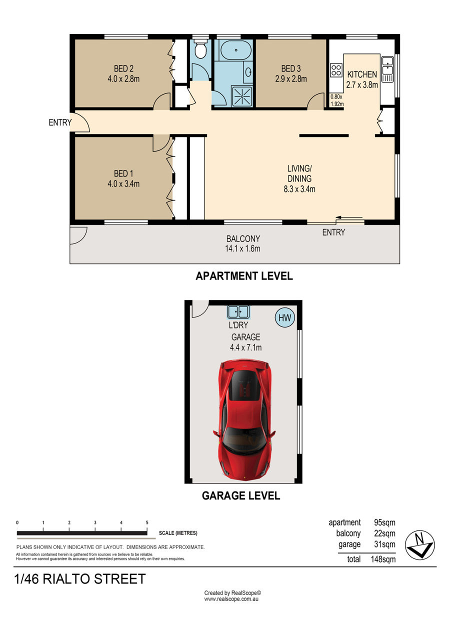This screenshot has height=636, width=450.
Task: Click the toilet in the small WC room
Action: (x=200, y=48)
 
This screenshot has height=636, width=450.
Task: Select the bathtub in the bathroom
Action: (x=236, y=50)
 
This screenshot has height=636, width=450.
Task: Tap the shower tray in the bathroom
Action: (x=242, y=96)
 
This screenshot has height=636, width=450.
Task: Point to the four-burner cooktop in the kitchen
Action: (x=336, y=70)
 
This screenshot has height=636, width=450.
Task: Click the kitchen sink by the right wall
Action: (x=387, y=69)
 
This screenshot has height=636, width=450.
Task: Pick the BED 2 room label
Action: (x=123, y=68)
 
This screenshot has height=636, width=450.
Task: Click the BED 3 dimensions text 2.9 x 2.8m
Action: (x=291, y=79)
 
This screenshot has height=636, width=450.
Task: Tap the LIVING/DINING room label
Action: (x=299, y=173)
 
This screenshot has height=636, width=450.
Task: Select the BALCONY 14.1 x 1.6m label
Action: (x=242, y=243)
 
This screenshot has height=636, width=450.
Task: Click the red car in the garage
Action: (x=244, y=420)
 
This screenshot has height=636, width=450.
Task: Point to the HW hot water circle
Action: (x=285, y=317)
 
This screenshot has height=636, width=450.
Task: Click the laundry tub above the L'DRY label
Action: (x=238, y=312)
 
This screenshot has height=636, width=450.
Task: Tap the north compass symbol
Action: (x=419, y=544)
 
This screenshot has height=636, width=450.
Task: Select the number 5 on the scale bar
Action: (x=147, y=522)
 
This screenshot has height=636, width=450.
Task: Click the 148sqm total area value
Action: (x=383, y=559)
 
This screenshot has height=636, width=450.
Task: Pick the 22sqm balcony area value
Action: (x=384, y=533)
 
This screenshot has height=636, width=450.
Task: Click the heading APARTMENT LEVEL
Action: (x=244, y=276)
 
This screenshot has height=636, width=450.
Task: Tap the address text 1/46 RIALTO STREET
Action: (x=80, y=579)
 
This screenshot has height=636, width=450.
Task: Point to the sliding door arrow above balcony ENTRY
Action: (x=349, y=218)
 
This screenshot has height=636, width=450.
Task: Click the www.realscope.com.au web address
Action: (x=231, y=599)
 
